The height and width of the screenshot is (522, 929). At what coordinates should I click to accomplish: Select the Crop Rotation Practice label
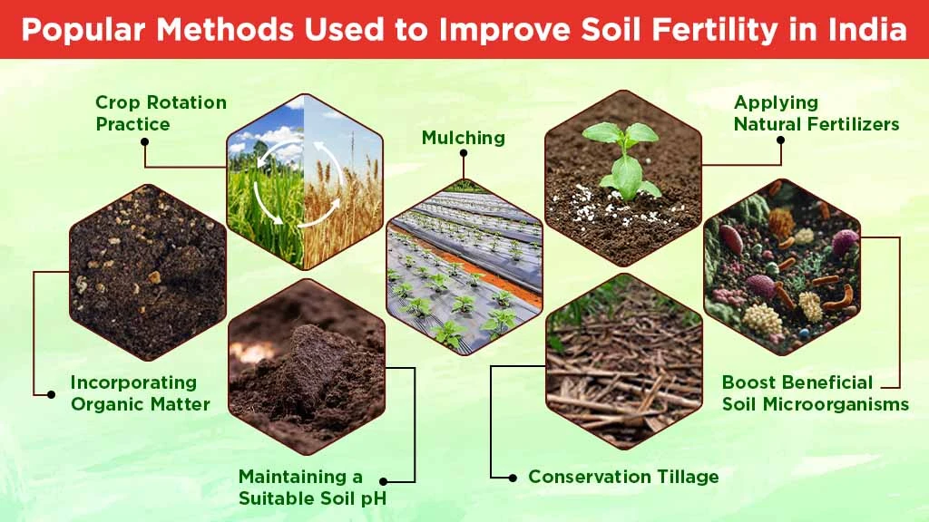[x=161, y=113]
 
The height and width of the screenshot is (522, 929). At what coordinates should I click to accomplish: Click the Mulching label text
[x=463, y=138]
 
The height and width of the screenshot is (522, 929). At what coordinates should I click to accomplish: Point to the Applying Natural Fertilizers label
[x=816, y=113]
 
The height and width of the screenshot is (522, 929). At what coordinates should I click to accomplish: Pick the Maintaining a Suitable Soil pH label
[x=305, y=485]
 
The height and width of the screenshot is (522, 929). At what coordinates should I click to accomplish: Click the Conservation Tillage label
[x=623, y=477]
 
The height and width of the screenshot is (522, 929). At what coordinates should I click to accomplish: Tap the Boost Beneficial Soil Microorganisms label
[x=815, y=393]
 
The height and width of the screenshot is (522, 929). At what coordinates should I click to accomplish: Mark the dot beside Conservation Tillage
[x=513, y=477]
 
